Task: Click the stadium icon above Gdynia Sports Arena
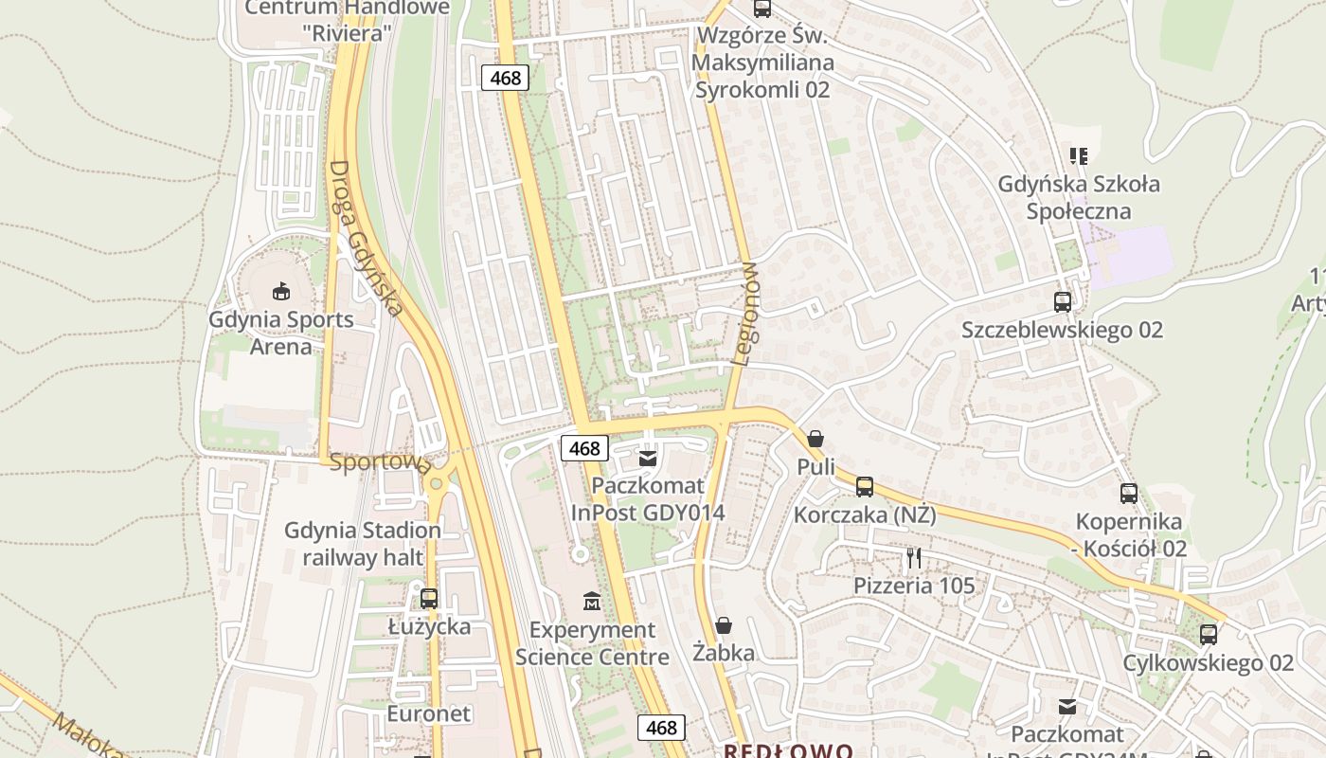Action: (280, 291)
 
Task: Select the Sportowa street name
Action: (380, 463)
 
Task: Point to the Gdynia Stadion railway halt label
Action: (363, 544)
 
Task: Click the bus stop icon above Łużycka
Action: (429, 599)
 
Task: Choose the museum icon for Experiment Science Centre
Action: (592, 601)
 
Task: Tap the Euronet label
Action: (428, 713)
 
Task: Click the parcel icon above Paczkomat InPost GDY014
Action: (648, 459)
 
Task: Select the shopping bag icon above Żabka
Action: (724, 625)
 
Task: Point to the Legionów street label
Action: (746, 314)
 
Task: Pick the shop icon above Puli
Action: (815, 439)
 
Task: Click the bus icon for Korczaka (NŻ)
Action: (865, 487)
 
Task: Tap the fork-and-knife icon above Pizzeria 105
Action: (914, 557)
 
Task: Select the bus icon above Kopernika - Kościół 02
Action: (1129, 494)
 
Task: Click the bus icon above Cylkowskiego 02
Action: (1209, 635)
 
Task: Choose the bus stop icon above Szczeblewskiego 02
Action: (1063, 302)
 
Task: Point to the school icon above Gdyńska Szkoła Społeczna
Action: (1079, 155)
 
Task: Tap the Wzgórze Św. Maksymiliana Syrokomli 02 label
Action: (763, 63)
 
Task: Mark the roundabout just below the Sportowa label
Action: (437, 484)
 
